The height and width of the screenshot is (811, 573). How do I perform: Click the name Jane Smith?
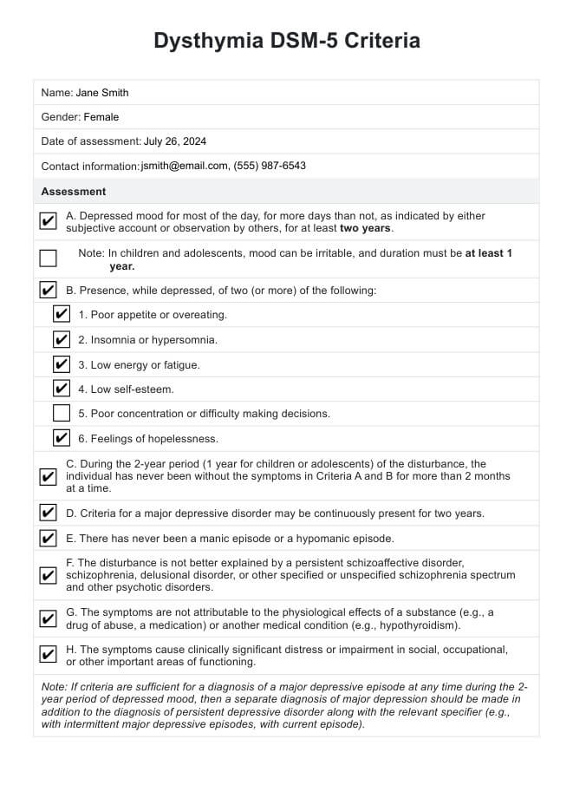pos(102,93)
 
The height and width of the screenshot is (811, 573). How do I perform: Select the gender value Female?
pos(101,117)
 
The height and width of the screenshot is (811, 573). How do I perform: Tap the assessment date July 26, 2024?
pos(175,141)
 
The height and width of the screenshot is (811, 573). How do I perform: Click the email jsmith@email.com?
pos(185,166)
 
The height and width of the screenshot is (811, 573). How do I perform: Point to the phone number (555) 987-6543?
pos(270,166)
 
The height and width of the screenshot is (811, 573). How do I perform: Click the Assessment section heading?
pos(74,192)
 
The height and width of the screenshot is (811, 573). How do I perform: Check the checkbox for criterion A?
pos(49,222)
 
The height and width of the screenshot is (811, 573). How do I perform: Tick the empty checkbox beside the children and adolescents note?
pos(49,258)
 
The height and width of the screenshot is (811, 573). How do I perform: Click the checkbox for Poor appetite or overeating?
pos(62,314)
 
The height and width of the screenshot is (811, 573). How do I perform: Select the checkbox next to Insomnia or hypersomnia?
pos(62,339)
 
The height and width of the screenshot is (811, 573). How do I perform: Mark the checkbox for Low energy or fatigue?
pos(62,364)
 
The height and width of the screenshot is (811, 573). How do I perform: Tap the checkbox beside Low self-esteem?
pos(62,389)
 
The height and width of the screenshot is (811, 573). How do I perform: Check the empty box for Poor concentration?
pos(62,414)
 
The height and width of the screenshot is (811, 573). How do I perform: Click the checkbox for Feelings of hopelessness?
pos(62,438)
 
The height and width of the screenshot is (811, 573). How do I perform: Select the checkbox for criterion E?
pos(49,538)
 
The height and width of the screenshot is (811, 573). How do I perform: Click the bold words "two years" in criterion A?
pos(366,228)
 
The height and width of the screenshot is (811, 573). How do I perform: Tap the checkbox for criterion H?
pos(49,655)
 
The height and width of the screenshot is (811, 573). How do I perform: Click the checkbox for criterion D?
pos(49,513)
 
